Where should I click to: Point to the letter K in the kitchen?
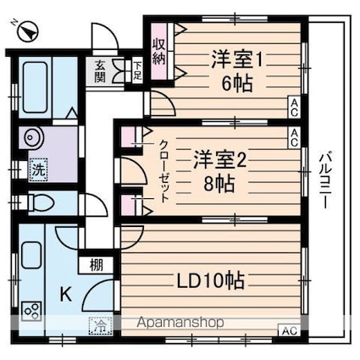[65, 294]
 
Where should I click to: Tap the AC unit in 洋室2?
[293, 135]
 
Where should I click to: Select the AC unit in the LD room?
[289, 330]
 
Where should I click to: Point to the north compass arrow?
[30, 31]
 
